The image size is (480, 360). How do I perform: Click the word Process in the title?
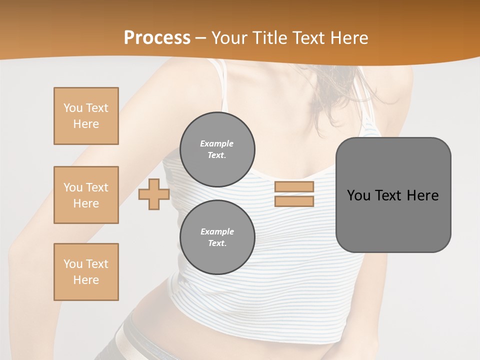(x=157, y=38)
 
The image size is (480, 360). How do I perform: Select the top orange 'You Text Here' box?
(x=86, y=116)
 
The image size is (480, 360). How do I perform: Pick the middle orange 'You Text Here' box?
(x=86, y=195)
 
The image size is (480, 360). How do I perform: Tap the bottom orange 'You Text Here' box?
(x=86, y=272)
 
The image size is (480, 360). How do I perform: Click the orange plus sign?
(x=153, y=194)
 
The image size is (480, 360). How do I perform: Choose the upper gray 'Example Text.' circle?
(x=217, y=149)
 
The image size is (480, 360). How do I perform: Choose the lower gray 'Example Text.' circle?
(x=217, y=237)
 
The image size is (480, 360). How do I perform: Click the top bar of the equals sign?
(x=294, y=187)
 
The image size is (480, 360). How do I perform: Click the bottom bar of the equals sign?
(x=294, y=201)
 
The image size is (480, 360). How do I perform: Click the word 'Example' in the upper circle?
(x=217, y=144)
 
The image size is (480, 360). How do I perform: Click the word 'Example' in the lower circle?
(x=217, y=232)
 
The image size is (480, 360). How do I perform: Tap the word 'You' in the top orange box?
(x=72, y=108)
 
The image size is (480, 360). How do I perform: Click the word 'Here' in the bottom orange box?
(x=86, y=280)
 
